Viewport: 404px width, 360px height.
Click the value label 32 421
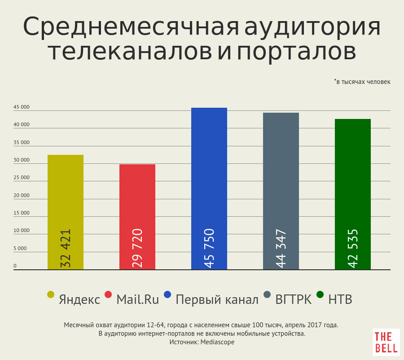66,248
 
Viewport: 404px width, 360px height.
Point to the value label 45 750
209,248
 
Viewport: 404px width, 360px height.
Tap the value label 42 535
353,248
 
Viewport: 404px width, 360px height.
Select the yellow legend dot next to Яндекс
51,294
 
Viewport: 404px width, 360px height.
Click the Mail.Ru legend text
137,299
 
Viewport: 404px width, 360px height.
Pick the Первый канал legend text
217,299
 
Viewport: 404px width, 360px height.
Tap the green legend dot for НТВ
320,294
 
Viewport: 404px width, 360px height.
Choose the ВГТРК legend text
294,299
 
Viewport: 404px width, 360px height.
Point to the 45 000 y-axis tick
21,107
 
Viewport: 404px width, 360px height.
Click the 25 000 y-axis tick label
21,177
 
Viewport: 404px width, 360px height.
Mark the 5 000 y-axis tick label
20,248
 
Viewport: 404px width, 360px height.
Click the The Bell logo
386,342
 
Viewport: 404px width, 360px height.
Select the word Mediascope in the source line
217,342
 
